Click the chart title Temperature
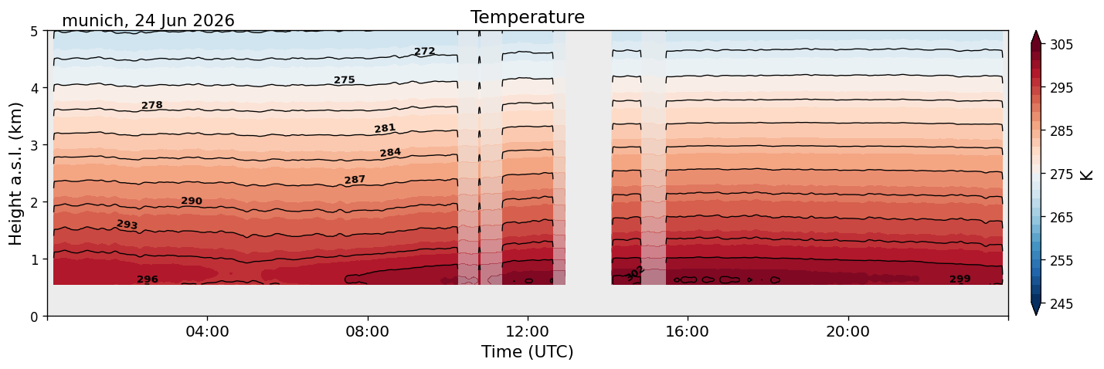point(528,17)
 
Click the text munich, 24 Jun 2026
point(148,21)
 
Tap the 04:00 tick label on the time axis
point(208,331)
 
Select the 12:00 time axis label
point(528,331)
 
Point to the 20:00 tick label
point(848,331)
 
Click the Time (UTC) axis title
point(528,352)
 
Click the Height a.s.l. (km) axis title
point(16,174)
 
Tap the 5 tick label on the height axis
point(34,32)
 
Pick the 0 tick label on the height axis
point(34,317)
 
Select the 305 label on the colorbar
point(1061,45)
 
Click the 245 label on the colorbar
point(1061,304)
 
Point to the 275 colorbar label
point(1061,174)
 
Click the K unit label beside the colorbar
point(1086,174)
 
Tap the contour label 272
point(424,51)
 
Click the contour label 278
point(151,105)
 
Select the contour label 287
point(355,180)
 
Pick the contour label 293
point(127,225)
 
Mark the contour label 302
point(635,273)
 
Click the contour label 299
point(960,279)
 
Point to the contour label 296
point(148,279)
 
